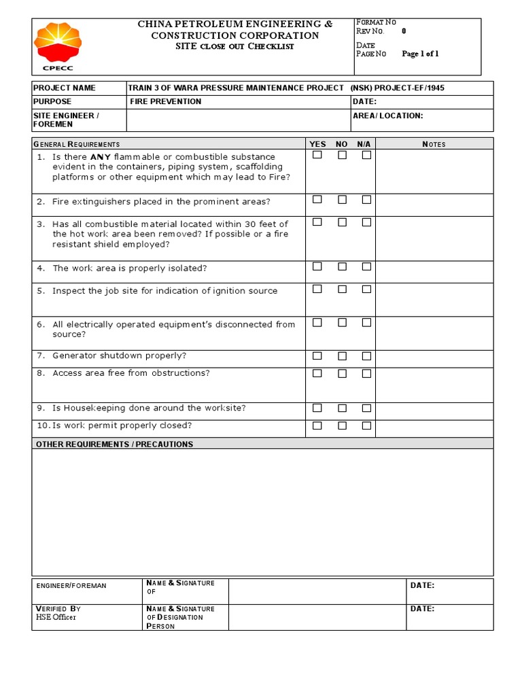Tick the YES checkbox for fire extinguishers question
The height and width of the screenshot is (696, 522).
[317, 200]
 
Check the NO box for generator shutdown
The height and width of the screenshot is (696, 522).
[342, 355]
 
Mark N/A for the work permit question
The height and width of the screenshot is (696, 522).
[366, 425]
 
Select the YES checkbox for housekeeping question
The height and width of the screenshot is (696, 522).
[317, 408]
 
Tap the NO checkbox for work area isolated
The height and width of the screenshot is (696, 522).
[342, 266]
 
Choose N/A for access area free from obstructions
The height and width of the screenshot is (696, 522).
[366, 373]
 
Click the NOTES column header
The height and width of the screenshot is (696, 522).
[434, 144]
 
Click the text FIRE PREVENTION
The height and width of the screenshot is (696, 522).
[165, 101]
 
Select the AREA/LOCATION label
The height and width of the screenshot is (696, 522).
[387, 116]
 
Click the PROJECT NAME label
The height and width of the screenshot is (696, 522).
[65, 88]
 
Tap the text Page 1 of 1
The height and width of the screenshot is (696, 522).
[420, 54]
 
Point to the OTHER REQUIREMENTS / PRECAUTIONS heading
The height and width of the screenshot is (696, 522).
[114, 444]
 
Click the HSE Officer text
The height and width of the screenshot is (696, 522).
[56, 617]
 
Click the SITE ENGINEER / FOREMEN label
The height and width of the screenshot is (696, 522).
[66, 120]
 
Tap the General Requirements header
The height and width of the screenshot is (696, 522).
[76, 144]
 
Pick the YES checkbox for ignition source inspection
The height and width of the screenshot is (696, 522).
[317, 289]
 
